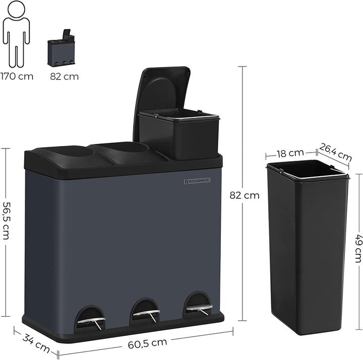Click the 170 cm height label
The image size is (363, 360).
coord(17,77)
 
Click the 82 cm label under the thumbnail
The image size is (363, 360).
coord(65,77)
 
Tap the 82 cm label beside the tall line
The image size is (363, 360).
coord(244,195)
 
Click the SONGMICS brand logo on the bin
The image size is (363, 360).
coord(196,180)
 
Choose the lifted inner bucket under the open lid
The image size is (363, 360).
coord(179,132)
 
